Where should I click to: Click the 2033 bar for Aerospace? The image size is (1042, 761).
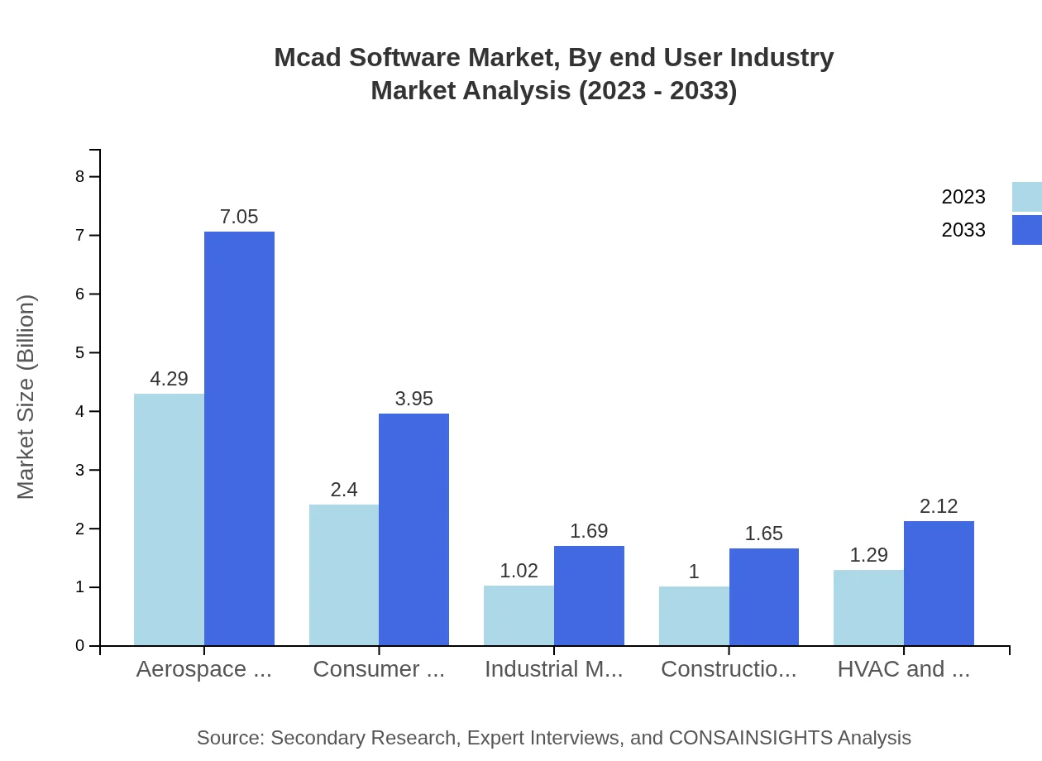click(239, 438)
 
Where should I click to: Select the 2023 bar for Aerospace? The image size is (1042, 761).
click(169, 519)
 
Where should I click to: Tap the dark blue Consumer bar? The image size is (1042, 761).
click(413, 529)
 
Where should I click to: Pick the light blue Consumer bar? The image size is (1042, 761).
click(344, 575)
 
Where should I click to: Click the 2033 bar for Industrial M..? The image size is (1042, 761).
click(589, 596)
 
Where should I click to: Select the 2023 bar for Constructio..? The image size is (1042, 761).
click(694, 616)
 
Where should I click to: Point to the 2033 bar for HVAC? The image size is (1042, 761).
click(939, 583)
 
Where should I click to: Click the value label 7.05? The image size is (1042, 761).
click(239, 217)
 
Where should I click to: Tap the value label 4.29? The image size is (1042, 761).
click(169, 379)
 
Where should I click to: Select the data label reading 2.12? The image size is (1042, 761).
click(939, 506)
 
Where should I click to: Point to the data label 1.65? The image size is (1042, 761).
click(763, 534)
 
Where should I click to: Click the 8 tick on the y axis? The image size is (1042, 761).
click(80, 176)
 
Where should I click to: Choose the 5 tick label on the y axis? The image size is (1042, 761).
click(80, 352)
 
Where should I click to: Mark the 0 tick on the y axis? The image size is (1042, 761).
click(80, 646)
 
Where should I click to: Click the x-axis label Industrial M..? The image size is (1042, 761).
click(554, 669)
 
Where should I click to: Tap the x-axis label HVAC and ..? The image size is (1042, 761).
click(903, 669)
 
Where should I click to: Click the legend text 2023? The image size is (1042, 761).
click(963, 197)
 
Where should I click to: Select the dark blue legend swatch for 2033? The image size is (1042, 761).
click(1027, 230)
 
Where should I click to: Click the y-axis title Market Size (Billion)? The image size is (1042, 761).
click(26, 397)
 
